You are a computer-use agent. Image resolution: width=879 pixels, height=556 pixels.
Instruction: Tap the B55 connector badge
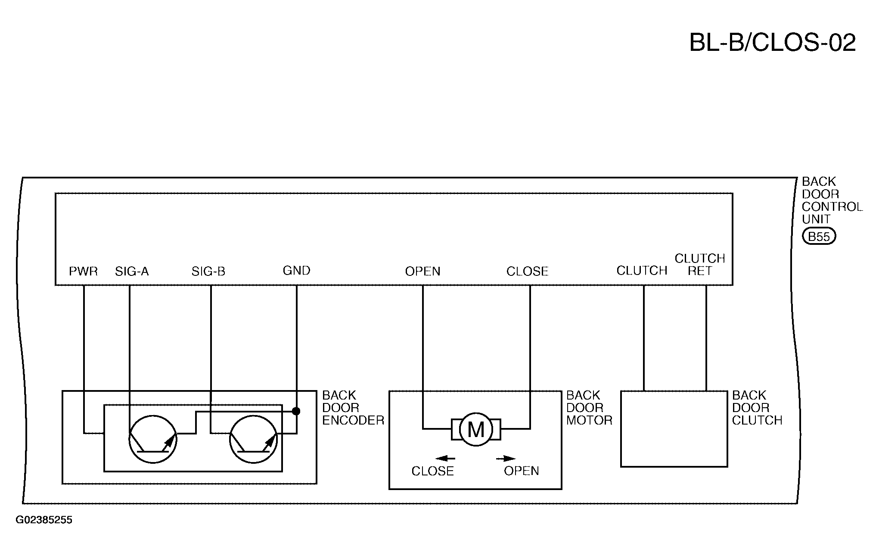point(819,237)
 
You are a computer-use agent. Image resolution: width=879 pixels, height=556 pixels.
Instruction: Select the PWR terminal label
point(84,272)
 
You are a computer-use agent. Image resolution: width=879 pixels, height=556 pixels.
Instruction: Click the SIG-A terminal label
point(132,272)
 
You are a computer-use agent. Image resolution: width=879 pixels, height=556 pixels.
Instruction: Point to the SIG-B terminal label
point(208,272)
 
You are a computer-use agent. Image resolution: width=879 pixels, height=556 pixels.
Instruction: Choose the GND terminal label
point(297,271)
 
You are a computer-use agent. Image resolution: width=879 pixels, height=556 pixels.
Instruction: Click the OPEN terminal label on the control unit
point(423,272)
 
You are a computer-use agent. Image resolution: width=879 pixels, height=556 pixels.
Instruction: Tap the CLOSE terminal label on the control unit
point(528,272)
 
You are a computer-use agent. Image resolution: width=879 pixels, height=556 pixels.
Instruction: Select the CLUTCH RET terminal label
point(700,265)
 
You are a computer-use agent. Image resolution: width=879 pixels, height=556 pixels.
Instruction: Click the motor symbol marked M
point(476,429)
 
